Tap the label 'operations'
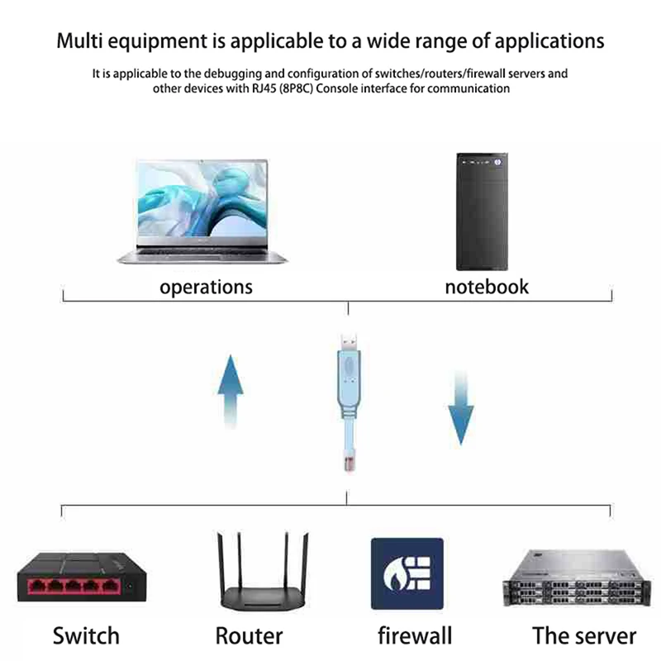[x=206, y=287]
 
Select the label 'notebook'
[x=486, y=287]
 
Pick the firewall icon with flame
[x=407, y=573]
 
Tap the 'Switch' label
[x=86, y=635]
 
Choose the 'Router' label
[x=249, y=635]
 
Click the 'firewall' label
[x=415, y=635]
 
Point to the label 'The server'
[x=584, y=635]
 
